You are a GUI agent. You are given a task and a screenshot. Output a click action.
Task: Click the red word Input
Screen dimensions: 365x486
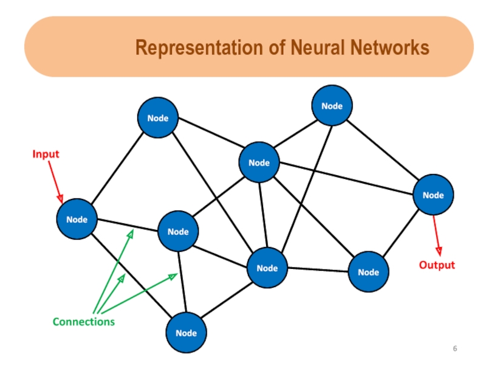pos(46,154)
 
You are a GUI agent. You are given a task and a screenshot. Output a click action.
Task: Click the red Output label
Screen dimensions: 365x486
pos(437,265)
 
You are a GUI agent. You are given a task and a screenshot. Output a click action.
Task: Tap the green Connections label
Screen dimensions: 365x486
pos(83,321)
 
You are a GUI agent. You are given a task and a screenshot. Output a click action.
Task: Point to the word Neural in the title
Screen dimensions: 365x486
pos(318,47)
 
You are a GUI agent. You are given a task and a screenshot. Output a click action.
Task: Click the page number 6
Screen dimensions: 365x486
pos(454,349)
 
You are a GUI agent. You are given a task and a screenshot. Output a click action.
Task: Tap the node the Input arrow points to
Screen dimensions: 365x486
pos(77,219)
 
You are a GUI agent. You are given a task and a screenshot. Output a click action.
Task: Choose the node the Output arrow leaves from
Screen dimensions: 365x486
pos(433,195)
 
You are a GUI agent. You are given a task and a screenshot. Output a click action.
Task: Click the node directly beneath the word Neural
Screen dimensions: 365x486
pos(332,106)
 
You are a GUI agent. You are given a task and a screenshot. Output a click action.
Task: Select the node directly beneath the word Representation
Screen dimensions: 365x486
pos(158,118)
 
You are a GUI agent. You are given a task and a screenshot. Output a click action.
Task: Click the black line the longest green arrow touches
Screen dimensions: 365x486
pos(128,225)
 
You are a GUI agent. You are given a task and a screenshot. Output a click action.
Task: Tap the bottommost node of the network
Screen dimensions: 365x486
pos(187,333)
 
